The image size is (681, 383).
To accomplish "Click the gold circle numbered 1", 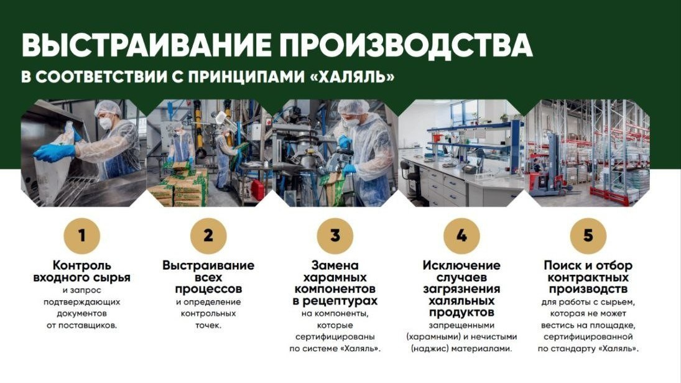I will pos(81,236).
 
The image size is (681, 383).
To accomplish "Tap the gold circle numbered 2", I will pos(208,236).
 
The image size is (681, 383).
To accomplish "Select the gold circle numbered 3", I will pos(335,236).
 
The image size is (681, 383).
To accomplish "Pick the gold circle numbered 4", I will pos(461,236).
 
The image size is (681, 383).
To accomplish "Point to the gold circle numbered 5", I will pos(588,236).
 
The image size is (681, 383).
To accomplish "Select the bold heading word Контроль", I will pos(81,265).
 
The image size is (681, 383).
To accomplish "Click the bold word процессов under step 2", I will pos(208,289).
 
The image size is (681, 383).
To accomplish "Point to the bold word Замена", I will pos(335,265).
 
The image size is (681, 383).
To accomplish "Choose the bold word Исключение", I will pos(461,265).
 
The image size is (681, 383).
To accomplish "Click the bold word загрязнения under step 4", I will pos(461,289).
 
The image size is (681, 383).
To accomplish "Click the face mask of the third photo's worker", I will pos(352,122).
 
